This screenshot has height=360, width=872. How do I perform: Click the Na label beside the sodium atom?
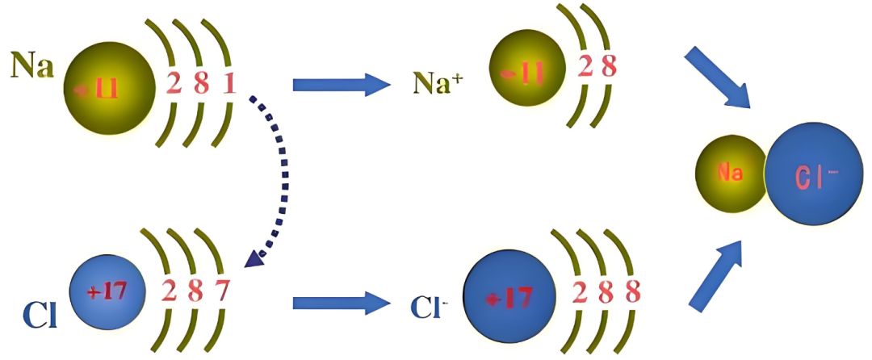[x=32, y=65]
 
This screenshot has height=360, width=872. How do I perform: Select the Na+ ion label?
[x=438, y=82]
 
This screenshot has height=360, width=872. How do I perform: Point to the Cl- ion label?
[x=429, y=305]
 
